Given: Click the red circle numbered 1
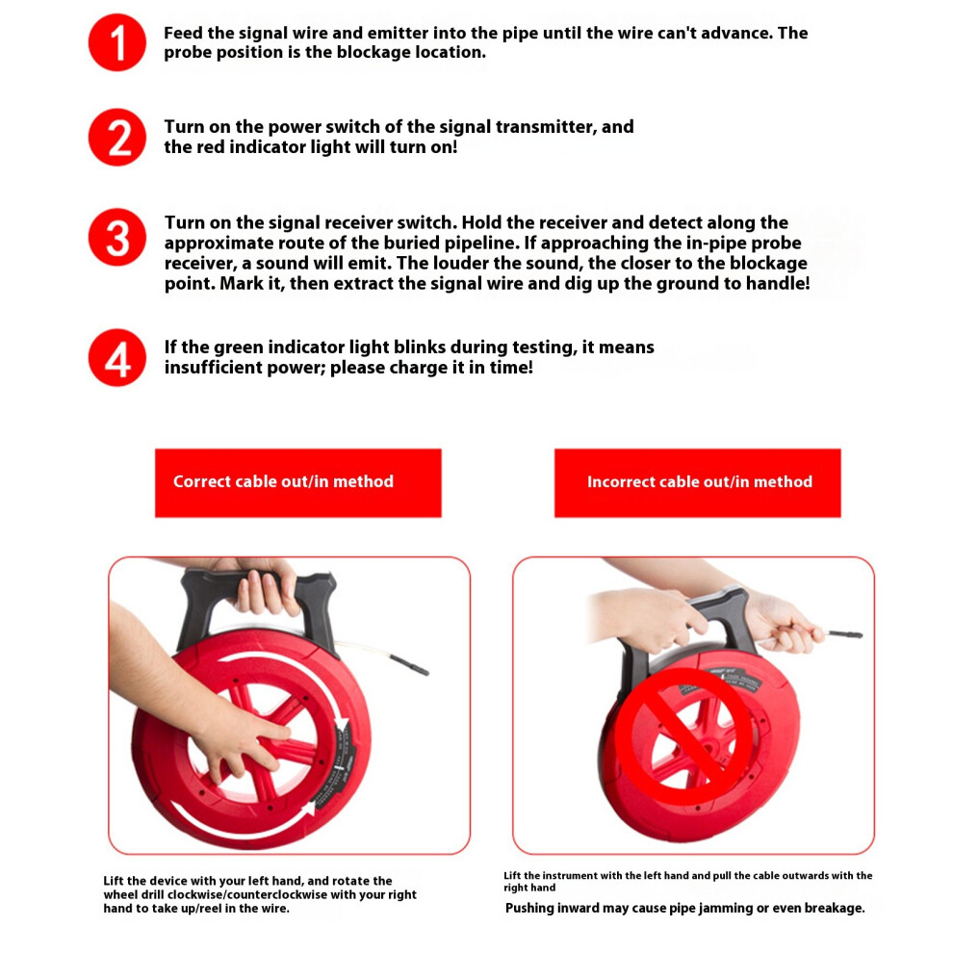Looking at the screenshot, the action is (117, 42).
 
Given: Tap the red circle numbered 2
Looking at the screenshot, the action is (117, 138).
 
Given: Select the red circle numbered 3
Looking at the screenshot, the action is (117, 237).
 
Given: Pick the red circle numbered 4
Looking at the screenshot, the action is (117, 357).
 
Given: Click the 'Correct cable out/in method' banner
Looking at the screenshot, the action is (297, 483).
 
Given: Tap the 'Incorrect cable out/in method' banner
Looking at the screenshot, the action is (697, 483).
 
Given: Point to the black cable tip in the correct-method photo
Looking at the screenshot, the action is (410, 664).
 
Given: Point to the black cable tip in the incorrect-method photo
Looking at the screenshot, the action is (845, 634).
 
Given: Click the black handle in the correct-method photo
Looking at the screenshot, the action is (257, 607).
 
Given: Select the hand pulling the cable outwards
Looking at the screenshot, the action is (784, 623).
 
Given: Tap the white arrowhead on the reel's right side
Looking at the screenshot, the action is (342, 725).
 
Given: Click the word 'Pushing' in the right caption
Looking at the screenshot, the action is (530, 908).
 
